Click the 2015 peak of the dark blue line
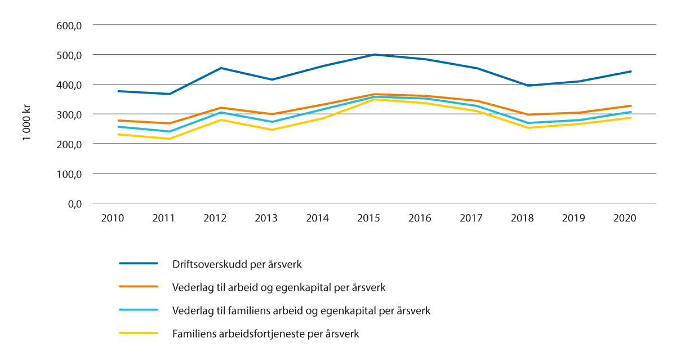click(375, 55)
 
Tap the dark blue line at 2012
click(221, 68)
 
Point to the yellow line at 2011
click(170, 139)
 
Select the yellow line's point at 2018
click(528, 128)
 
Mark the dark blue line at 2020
click(631, 72)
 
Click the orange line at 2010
click(118, 121)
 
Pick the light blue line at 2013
click(272, 122)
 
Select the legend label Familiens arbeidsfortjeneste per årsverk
click(265, 334)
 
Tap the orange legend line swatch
click(138, 287)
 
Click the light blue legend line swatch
click(138, 310)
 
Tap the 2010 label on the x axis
click(113, 219)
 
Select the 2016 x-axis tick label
click(420, 219)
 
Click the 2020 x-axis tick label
click(625, 219)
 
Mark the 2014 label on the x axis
click(318, 219)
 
